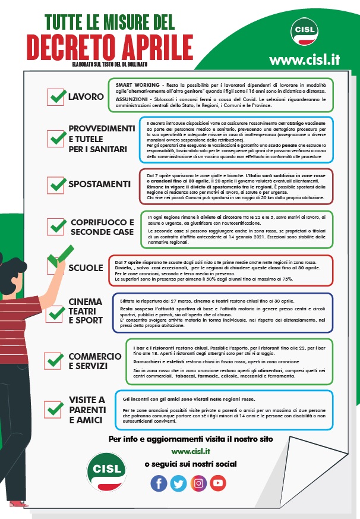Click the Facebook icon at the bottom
click(159, 483)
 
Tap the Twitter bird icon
click(178, 483)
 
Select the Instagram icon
click(198, 483)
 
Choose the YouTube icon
click(218, 483)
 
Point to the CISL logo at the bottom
click(106, 468)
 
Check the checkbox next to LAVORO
click(56, 96)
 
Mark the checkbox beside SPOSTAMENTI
click(56, 184)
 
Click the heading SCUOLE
click(86, 268)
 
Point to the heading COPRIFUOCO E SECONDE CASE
click(102, 227)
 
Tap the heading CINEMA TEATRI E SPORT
click(86, 311)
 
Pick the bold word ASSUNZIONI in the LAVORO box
click(132, 99)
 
